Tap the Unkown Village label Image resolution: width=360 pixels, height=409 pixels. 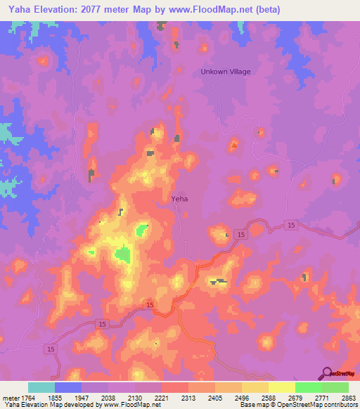tap(225, 72)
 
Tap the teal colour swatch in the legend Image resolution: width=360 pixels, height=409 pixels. tap(41, 387)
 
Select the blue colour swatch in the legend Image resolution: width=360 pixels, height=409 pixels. tap(68, 387)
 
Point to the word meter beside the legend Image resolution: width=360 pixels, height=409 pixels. tap(11, 397)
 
